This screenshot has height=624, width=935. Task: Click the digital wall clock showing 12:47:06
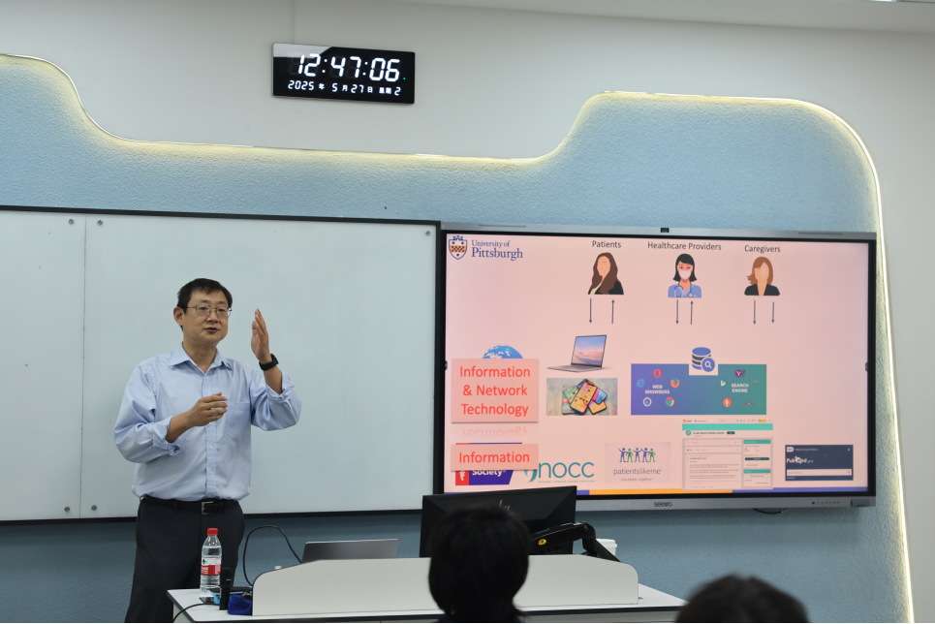[x=343, y=73]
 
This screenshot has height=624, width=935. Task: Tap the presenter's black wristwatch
[x=269, y=362]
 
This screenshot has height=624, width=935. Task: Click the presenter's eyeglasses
[x=208, y=311]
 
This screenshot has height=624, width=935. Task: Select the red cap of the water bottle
[x=211, y=533]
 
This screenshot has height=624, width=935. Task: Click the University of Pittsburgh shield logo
[x=458, y=247]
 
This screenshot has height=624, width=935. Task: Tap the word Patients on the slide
[x=606, y=245]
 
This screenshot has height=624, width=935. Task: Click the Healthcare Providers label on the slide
[x=684, y=246]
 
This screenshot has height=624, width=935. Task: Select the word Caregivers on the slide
[x=762, y=248]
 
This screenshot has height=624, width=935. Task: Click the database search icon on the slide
[x=702, y=359]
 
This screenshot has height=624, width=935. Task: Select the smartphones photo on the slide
[x=581, y=396]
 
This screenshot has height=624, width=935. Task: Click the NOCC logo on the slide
[x=562, y=471]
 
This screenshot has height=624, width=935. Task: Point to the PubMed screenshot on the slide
[x=819, y=462]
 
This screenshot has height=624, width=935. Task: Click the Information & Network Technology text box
[x=494, y=390]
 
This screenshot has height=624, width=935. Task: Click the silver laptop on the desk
[x=350, y=550]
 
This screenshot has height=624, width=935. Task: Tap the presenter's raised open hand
[x=260, y=334]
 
